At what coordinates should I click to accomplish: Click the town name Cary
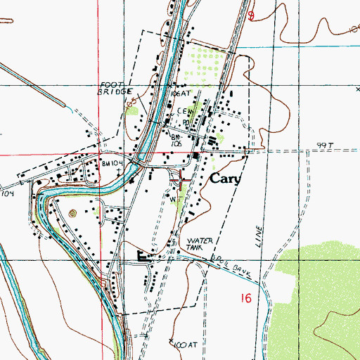click(225, 179)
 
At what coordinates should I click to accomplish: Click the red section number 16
click(245, 299)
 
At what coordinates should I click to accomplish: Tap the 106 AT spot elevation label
click(181, 91)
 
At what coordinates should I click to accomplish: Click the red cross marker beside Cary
click(183, 179)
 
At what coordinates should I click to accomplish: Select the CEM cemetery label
click(185, 111)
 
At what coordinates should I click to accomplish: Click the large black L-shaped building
click(146, 257)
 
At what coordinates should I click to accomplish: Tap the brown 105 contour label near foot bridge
click(131, 104)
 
